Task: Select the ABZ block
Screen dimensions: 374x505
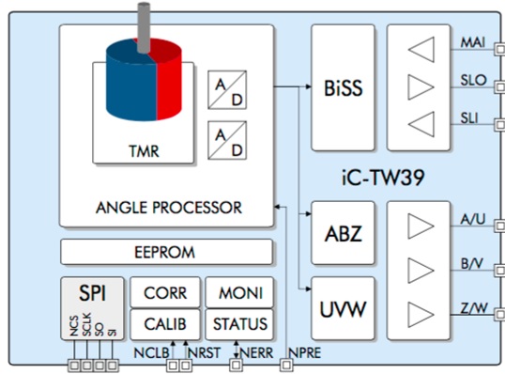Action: [x=342, y=232]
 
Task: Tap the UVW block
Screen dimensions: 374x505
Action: [x=342, y=307]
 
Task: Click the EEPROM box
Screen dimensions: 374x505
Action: [x=166, y=252]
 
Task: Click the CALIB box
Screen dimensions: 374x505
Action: [x=165, y=324]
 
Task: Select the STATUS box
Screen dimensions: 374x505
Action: [x=239, y=324]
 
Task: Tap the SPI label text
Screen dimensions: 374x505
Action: [x=93, y=292]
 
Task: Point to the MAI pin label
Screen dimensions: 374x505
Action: [x=473, y=43]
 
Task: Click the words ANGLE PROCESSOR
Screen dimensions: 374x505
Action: [x=166, y=207]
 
